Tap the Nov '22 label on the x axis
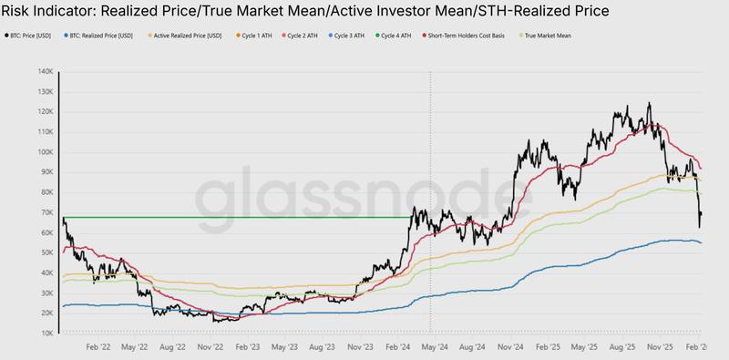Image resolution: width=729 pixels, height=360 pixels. click(211, 347)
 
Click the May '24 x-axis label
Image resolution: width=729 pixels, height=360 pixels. click(434, 347)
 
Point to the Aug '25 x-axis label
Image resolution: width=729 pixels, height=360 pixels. click(622, 347)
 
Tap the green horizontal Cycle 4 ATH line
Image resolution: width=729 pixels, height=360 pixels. click(237, 217)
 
